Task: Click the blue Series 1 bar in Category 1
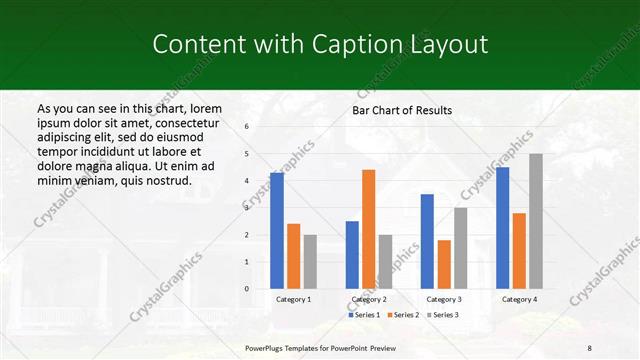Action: point(277,231)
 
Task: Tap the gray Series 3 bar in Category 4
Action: point(536,221)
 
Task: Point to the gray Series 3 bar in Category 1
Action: point(310,262)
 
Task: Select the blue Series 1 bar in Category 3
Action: point(427,241)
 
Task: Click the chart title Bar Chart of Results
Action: point(402,110)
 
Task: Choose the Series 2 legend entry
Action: point(402,315)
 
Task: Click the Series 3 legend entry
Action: point(442,315)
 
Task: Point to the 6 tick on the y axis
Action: point(247,127)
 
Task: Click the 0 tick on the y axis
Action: point(247,289)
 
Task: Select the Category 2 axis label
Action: point(368,299)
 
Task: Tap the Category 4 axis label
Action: point(519,299)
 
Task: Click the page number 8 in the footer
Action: point(589,347)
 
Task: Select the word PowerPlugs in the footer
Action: point(266,347)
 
